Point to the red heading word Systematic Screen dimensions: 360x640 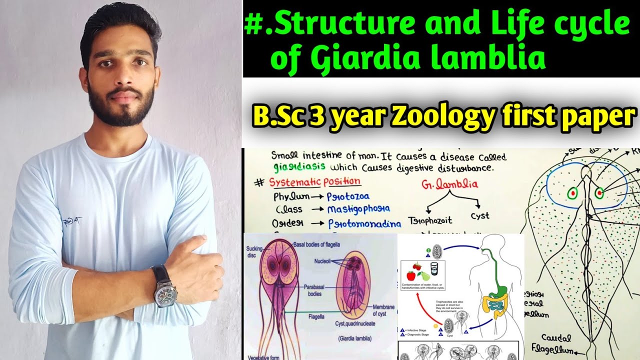(292, 182)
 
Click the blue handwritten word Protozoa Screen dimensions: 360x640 (348, 196)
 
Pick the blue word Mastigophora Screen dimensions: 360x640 (358, 209)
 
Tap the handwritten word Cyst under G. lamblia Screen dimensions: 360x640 (479, 216)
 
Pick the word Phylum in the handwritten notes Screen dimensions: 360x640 (287, 197)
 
